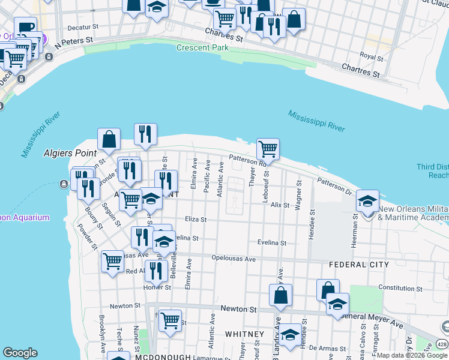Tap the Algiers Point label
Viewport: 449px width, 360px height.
click(67, 153)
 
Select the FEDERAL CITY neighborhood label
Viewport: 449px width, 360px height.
click(359, 264)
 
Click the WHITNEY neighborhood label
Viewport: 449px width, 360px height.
click(244, 334)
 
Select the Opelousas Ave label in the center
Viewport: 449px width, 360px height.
click(234, 259)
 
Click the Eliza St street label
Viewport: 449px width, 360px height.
click(196, 220)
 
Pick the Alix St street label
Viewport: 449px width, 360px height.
click(280, 205)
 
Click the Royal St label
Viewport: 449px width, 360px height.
click(372, 57)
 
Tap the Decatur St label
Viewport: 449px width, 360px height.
click(83, 27)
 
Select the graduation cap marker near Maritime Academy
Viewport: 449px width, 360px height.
click(367, 201)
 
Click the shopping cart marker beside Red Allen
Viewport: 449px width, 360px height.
click(112, 261)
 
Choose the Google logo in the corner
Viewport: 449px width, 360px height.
click(20, 353)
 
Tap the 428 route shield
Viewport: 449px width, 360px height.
click(441, 343)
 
